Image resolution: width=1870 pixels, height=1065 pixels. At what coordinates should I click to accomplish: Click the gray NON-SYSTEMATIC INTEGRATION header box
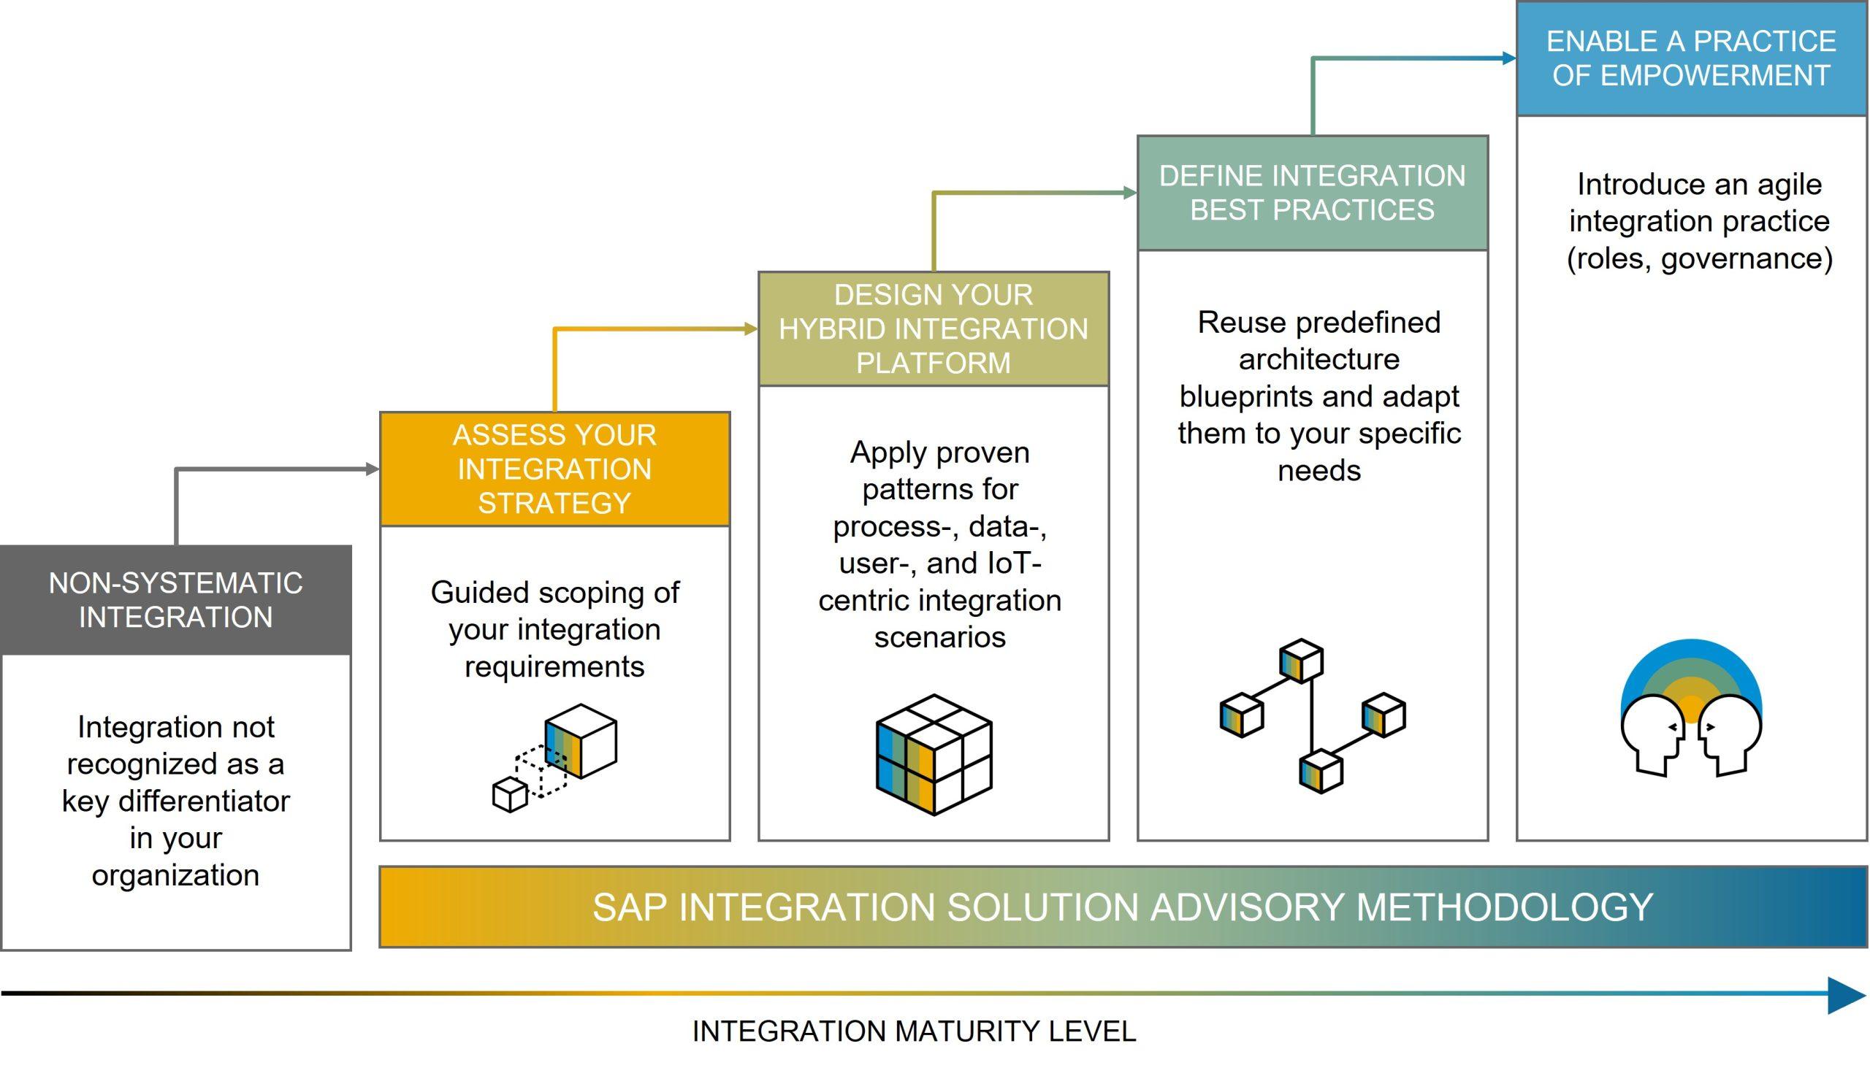pyautogui.click(x=175, y=600)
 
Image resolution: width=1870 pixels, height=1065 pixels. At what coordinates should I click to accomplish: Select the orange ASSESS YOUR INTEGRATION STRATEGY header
pyautogui.click(x=554, y=469)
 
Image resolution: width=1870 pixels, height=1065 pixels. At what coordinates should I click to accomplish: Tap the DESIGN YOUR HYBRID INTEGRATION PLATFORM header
pyautogui.click(x=933, y=329)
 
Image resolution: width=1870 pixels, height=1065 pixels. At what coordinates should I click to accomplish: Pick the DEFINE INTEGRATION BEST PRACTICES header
pyautogui.click(x=1313, y=193)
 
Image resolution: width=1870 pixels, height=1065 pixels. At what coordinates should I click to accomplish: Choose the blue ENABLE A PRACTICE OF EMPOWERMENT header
pyautogui.click(x=1691, y=58)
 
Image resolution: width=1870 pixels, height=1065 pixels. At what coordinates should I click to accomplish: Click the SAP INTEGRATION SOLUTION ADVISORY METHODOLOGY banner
pyautogui.click(x=1123, y=907)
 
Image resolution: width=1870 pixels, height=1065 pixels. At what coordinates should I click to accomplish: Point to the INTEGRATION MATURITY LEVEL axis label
pyautogui.click(x=913, y=1031)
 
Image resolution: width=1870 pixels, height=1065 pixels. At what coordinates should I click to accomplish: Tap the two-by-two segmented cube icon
pyautogui.click(x=934, y=755)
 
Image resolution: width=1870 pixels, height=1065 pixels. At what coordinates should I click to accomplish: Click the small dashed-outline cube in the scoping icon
pyautogui.click(x=541, y=772)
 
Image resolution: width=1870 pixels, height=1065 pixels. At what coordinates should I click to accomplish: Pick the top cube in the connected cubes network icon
pyautogui.click(x=1301, y=661)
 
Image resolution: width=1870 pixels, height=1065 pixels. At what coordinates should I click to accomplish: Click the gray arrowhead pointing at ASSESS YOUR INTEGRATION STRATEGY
pyautogui.click(x=373, y=469)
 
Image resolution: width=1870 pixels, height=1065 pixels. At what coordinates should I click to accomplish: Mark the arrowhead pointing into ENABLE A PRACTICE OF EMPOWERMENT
pyautogui.click(x=1509, y=58)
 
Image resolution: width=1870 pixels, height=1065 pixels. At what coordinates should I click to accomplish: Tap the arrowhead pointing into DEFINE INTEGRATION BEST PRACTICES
pyautogui.click(x=1130, y=193)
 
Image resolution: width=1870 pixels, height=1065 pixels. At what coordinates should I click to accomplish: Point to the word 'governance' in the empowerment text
pyautogui.click(x=1747, y=259)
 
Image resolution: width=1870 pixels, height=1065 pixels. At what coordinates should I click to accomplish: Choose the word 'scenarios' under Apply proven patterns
pyautogui.click(x=940, y=638)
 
